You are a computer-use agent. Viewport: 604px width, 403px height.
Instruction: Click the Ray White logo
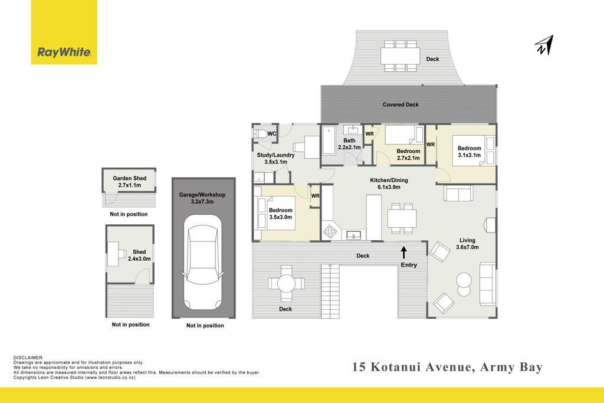click(x=64, y=32)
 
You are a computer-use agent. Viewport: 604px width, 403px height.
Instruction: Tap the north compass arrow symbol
click(x=544, y=45)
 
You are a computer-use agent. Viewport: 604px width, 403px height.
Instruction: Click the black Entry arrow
click(x=403, y=253)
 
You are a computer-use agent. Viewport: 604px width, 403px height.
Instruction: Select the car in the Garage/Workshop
click(x=203, y=262)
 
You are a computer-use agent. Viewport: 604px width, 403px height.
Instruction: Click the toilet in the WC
click(x=260, y=134)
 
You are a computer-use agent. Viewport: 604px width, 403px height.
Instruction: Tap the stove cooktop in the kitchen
click(x=330, y=231)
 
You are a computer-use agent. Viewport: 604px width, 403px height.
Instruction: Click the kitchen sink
click(x=354, y=235)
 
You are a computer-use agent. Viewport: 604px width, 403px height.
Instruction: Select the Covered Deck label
click(x=401, y=104)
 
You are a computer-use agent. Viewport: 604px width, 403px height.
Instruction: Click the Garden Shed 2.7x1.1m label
click(x=129, y=182)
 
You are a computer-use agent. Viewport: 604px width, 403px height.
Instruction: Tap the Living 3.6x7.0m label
click(x=467, y=244)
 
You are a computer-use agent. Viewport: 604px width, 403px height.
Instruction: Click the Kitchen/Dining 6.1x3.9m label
click(x=389, y=184)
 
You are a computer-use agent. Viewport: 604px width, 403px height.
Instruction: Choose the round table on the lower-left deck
click(x=286, y=284)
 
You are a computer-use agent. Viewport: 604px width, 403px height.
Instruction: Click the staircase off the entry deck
click(x=330, y=291)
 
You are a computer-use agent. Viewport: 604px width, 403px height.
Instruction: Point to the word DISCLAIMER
click(x=28, y=358)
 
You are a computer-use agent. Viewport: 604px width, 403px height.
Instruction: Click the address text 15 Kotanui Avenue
click(x=412, y=367)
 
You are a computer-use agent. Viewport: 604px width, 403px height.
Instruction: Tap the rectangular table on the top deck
click(x=401, y=56)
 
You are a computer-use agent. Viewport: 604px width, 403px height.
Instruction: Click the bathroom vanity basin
click(x=352, y=130)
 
